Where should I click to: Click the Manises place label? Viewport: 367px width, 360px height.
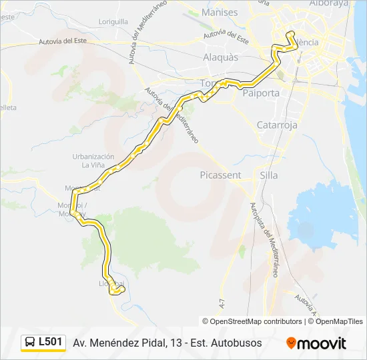click(220, 12)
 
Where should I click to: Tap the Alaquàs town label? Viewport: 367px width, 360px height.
click(220, 57)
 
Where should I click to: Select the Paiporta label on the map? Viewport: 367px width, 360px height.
click(262, 93)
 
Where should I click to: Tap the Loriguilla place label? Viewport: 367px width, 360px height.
click(113, 21)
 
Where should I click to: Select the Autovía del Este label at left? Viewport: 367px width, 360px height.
click(63, 41)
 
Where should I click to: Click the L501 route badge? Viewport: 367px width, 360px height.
click(51, 343)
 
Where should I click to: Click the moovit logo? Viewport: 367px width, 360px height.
click(316, 343)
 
